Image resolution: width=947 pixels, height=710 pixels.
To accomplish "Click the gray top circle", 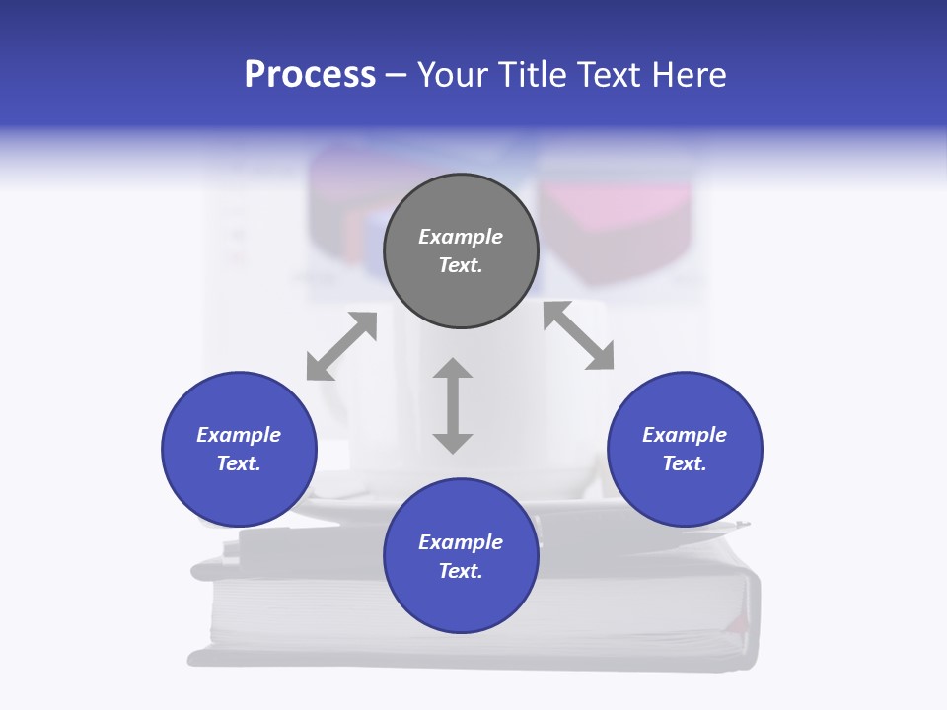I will pos(461,251).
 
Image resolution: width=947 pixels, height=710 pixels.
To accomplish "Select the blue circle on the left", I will pos(239,449).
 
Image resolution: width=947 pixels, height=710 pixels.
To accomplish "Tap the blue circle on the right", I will pos(685,449).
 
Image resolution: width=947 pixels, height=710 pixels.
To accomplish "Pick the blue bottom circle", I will pos(461,555).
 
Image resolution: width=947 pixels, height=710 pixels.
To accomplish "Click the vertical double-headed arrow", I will pos(453,405).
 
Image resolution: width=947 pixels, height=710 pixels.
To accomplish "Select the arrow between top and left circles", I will pos(341,346).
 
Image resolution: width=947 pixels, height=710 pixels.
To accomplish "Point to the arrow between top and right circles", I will pos(579,335).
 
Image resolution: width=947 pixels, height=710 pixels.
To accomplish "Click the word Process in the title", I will pos(310,74).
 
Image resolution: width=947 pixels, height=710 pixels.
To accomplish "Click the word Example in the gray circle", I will pos(461,237).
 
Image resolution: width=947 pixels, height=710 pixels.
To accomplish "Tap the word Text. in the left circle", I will pos(239,463).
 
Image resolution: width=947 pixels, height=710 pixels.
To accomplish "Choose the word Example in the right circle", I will pos(685,435).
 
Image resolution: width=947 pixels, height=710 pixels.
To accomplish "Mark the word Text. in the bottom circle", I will pos(461,571).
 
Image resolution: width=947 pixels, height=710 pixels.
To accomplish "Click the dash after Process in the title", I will pos(397,76).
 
